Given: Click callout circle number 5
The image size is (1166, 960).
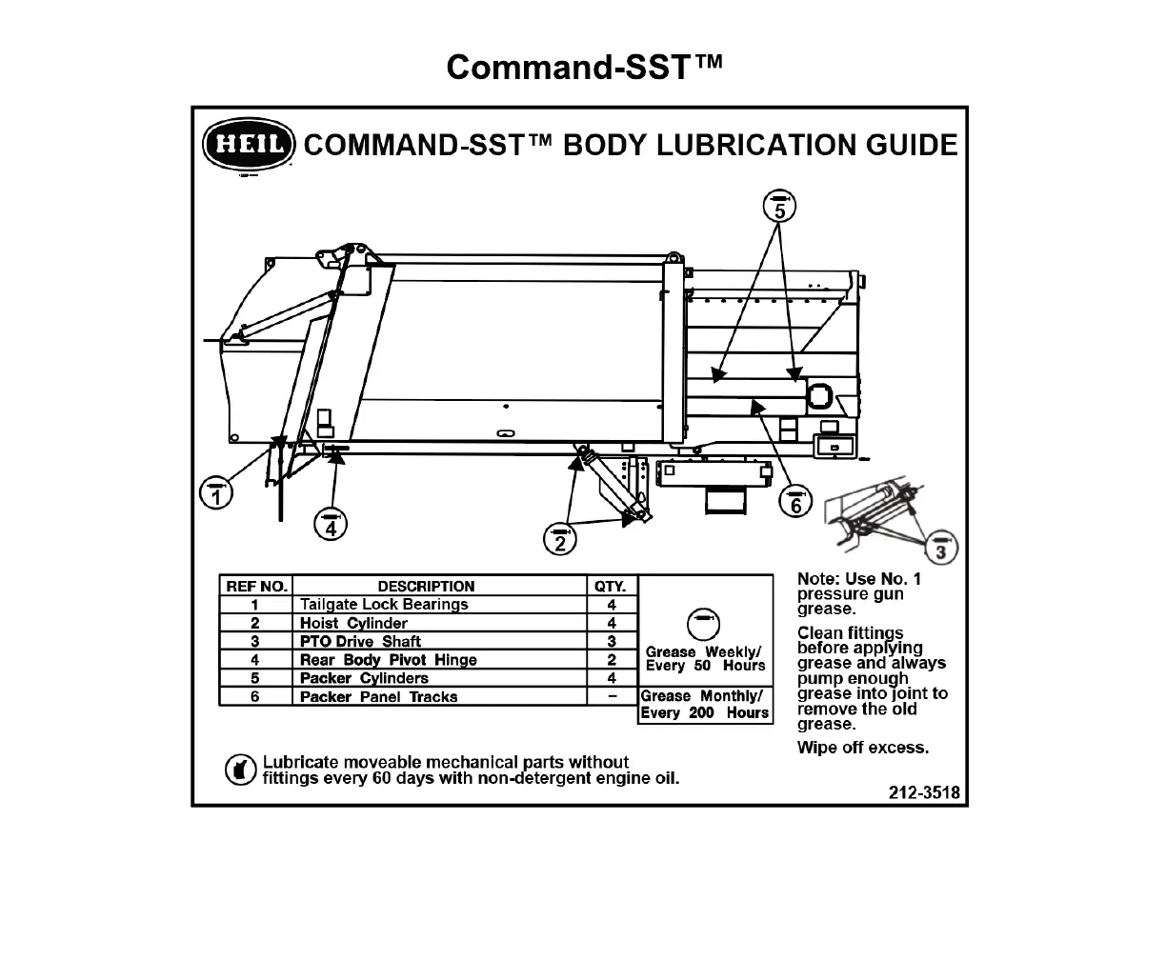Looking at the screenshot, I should click(779, 207).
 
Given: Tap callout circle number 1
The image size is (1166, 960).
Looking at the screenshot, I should click(216, 493).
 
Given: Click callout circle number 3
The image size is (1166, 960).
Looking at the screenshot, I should click(941, 549).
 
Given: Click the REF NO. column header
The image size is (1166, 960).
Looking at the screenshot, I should click(255, 587).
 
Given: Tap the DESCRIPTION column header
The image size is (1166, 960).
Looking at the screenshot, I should click(426, 587).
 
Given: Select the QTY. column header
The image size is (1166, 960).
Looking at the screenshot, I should click(611, 587).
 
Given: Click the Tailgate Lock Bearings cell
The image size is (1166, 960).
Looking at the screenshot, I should click(385, 605).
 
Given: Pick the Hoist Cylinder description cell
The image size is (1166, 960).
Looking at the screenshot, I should click(354, 623).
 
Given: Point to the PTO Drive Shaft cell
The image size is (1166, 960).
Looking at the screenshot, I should click(361, 641).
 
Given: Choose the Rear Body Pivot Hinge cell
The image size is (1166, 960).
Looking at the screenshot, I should click(389, 660).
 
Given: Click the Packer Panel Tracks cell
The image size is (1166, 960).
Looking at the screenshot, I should click(379, 696).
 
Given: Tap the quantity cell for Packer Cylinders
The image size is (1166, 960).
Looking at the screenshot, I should click(611, 678).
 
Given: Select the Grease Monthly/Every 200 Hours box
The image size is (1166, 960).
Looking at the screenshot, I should click(705, 705).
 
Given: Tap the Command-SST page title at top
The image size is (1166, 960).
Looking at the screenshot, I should click(584, 67).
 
